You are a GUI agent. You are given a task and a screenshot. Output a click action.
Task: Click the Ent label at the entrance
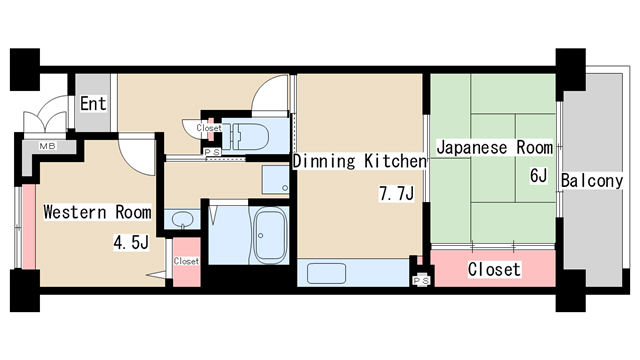(x=93, y=103)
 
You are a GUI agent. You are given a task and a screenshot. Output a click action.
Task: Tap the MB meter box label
(x=47, y=146)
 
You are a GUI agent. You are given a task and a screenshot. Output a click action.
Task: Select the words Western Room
(x=97, y=212)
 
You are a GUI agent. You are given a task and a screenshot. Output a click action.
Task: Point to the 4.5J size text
(x=130, y=241)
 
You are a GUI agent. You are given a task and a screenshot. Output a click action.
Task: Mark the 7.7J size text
(x=396, y=193)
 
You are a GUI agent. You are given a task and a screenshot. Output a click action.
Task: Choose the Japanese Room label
(x=494, y=147)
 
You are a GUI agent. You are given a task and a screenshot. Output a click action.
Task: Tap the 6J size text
(x=538, y=177)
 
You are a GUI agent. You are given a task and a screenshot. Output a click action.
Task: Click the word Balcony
(x=592, y=181)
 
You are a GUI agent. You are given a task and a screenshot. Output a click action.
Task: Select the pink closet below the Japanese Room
(x=493, y=269)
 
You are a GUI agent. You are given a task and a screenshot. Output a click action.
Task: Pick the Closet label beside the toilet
(x=209, y=128)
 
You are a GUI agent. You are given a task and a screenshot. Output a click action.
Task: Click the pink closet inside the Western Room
(x=186, y=261)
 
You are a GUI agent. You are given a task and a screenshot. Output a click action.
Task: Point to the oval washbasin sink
(x=181, y=219)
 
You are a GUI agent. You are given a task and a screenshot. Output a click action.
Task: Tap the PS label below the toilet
(x=211, y=152)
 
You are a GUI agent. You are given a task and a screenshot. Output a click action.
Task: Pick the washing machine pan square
(x=276, y=180)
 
